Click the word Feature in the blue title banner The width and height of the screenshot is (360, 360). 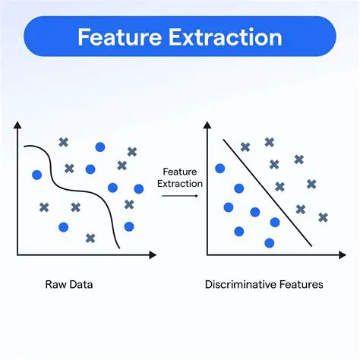tap(119, 37)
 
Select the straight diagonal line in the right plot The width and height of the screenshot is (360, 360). tap(266, 194)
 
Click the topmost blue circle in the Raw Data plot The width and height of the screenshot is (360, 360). tap(99, 147)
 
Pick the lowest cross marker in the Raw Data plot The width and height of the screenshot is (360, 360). tap(90, 238)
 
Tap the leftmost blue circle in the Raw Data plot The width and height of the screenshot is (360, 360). tap(36, 175)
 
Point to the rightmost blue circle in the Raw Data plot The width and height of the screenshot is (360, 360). tap(138, 188)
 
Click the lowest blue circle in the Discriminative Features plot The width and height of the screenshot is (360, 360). tap(269, 243)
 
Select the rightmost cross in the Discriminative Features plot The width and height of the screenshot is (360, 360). tap(323, 217)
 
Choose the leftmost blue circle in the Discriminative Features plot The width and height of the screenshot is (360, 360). tap(220, 169)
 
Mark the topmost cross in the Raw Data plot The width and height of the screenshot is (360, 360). tap(63, 141)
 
